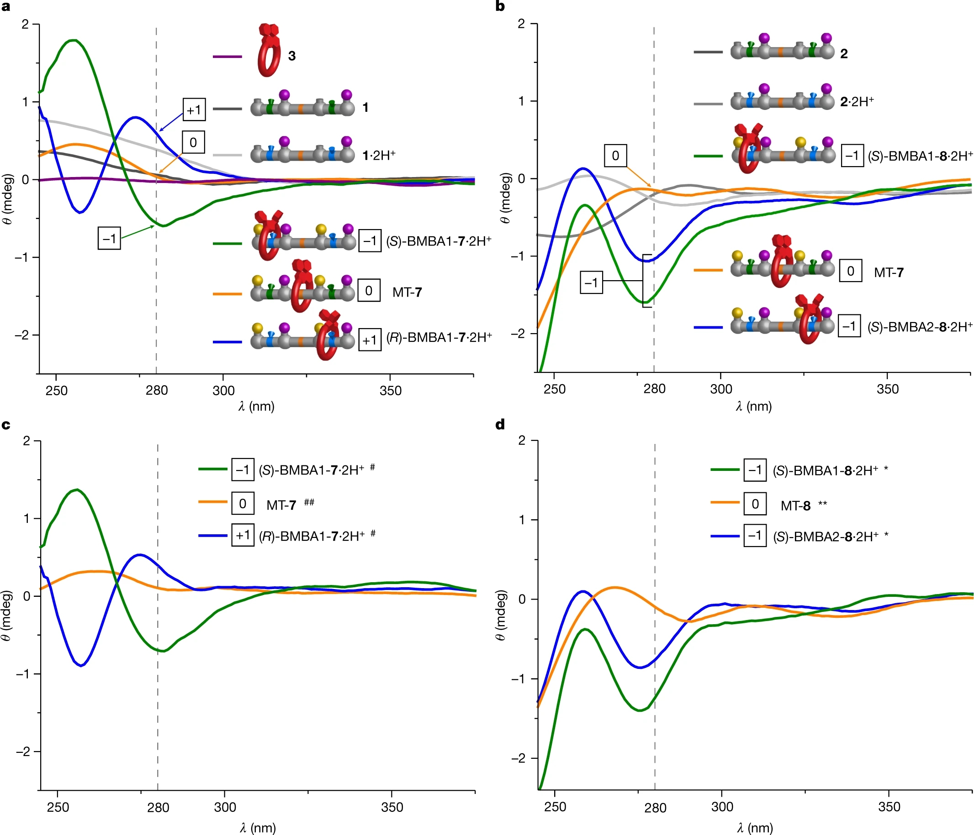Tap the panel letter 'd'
(500, 424)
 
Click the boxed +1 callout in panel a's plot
(194, 110)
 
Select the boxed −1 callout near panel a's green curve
(109, 238)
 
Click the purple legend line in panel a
(227, 57)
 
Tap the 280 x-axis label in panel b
(654, 389)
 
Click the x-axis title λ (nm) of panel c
(257, 828)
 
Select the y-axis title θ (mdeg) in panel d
(501, 614)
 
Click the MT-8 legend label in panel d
(795, 506)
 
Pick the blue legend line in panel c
(213, 535)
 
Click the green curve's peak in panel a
(74, 41)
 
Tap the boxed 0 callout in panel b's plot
(615, 156)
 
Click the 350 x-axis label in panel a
(390, 391)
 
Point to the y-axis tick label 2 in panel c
(26, 440)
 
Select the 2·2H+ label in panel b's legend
(857, 101)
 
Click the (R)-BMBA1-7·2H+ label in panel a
(439, 337)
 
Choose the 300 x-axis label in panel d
(722, 807)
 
